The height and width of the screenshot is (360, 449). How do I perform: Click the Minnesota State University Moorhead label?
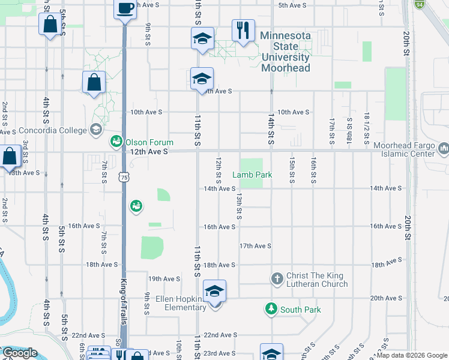tap(285, 52)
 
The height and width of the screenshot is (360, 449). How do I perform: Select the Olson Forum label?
tap(149, 142)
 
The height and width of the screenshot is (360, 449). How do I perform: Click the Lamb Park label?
tap(253, 175)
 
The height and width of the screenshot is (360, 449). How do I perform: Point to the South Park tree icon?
tap(271, 309)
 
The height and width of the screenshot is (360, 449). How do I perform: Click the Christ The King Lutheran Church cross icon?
tap(277, 279)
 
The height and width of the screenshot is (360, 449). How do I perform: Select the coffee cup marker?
tap(125, 8)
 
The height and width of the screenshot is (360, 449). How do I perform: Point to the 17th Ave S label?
tap(255, 246)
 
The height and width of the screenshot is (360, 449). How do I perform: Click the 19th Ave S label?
tap(164, 279)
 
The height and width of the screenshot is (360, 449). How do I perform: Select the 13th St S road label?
tap(239, 206)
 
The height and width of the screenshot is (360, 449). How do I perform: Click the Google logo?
tap(19, 353)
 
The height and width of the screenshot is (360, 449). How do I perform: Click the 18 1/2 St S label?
tap(367, 128)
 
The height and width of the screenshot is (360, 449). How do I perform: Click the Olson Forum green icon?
tap(116, 142)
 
